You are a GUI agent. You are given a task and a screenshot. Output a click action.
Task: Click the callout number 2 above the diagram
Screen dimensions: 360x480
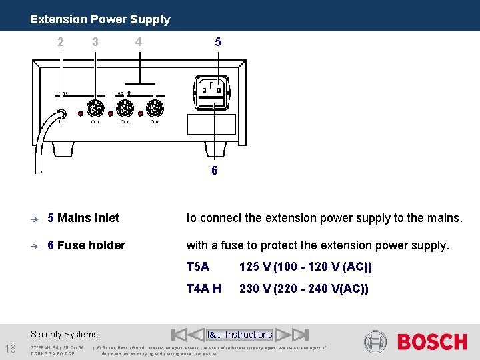pos(61,41)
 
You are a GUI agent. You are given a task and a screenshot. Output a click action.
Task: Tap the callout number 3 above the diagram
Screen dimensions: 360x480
pos(95,41)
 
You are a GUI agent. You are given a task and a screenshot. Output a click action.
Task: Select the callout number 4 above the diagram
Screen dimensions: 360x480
pos(138,41)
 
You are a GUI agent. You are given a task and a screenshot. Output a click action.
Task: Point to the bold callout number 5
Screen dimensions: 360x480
pos(218,41)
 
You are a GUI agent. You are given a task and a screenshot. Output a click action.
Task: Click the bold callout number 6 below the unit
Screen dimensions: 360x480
pos(214,171)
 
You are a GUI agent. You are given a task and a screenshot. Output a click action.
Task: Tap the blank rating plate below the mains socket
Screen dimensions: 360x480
pos(213,124)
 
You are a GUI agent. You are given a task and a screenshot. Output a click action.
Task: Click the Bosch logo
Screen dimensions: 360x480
pos(432,342)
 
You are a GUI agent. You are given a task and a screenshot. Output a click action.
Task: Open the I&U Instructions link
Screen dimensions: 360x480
pos(240,335)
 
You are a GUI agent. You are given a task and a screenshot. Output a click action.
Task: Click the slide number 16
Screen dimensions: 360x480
pos(11,349)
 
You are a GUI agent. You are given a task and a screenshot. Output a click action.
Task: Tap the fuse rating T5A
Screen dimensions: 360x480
pos(198,267)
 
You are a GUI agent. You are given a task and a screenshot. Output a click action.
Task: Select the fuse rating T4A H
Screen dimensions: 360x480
pos(203,289)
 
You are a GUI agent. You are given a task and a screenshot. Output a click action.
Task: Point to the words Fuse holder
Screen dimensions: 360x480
pos(91,245)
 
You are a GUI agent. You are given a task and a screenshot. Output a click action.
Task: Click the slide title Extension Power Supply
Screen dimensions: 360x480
pos(100,19)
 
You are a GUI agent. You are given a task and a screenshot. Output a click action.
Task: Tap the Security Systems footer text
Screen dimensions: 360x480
pos(64,335)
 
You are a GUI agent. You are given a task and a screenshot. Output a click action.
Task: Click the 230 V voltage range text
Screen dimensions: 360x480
pos(303,289)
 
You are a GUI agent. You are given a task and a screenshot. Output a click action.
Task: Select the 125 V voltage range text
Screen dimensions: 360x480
pos(305,267)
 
